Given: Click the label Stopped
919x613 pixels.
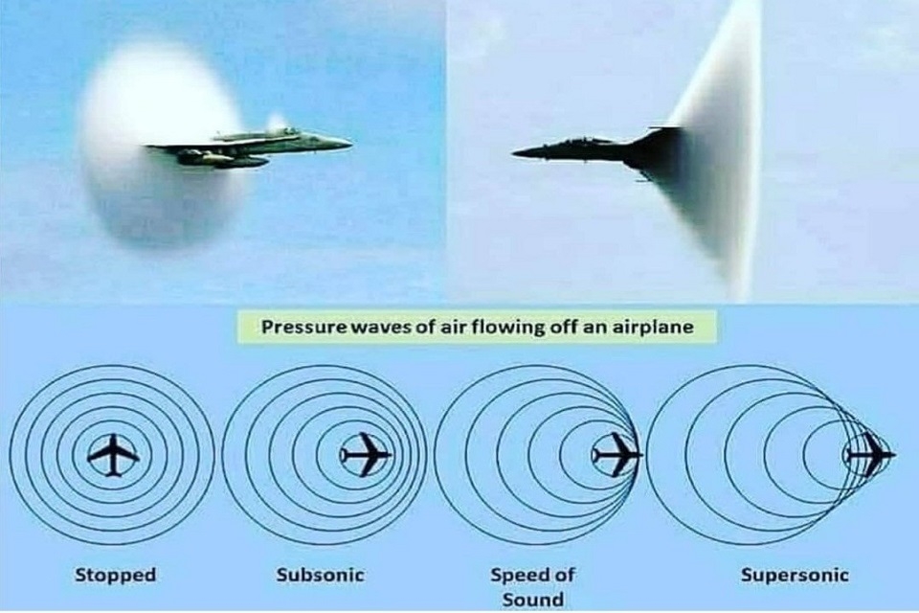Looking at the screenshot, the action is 116,575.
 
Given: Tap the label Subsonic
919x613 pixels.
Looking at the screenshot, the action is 320,575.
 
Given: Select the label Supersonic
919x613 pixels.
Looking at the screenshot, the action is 795,575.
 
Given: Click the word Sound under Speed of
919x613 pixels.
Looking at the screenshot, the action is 533,601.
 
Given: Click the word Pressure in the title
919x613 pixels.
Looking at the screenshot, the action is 303,327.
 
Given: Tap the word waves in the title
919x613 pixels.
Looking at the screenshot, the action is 381,327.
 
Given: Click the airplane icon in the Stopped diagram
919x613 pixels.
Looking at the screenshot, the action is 113,455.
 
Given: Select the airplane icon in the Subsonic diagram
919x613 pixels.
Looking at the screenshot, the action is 367,455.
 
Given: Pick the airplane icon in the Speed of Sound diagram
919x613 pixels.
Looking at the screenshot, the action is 617,455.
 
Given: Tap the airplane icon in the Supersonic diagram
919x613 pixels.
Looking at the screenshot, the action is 870,454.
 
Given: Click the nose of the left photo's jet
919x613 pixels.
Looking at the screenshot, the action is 350,142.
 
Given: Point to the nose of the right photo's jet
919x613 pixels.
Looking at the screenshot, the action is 514,153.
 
